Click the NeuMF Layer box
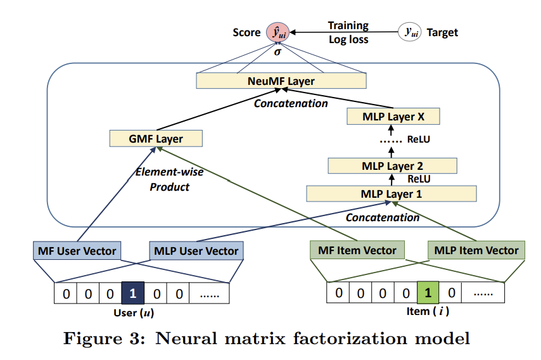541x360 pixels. [x=281, y=80]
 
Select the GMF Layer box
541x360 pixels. [x=156, y=138]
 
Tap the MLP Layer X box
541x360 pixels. [x=393, y=117]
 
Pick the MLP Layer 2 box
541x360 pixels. [x=392, y=165]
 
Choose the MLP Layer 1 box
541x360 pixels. [x=391, y=194]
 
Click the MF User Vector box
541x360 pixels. [x=77, y=250]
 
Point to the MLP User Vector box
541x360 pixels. [x=196, y=250]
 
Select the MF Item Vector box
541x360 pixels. [x=357, y=250]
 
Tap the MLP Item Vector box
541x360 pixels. [x=476, y=250]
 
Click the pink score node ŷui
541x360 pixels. [x=277, y=32]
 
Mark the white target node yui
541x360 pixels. [x=409, y=32]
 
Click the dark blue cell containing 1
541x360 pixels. [x=133, y=293]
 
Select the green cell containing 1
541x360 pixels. [x=428, y=292]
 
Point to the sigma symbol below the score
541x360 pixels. [x=277, y=52]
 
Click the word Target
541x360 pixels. [x=442, y=32]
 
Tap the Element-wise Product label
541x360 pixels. [x=169, y=179]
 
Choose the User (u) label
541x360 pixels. [x=134, y=312]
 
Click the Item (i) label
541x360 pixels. [x=428, y=311]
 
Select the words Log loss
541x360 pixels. [x=348, y=40]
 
